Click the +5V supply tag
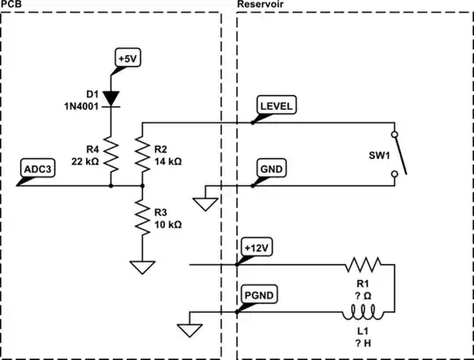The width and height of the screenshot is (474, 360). pyautogui.click(x=129, y=60)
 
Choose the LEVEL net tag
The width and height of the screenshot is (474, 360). pyautogui.click(x=276, y=105)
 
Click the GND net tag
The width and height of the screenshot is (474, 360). pyautogui.click(x=269, y=168)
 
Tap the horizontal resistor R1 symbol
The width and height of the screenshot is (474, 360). pyautogui.click(x=363, y=264)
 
